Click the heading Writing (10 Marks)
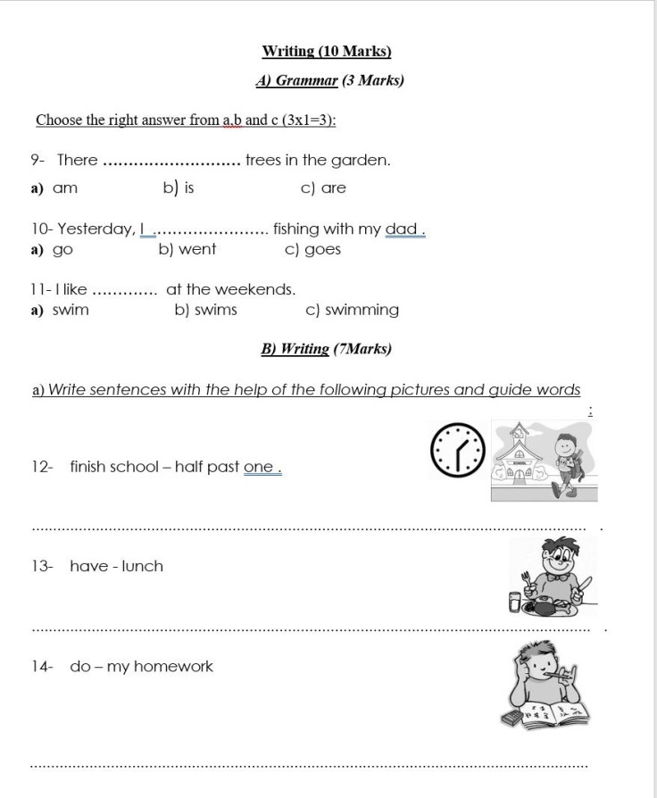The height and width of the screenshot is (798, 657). (x=327, y=52)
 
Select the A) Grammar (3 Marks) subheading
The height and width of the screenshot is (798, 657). (x=329, y=80)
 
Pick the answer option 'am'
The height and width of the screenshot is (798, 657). (x=65, y=188)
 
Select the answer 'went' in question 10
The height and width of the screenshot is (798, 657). (x=196, y=249)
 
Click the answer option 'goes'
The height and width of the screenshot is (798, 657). (x=322, y=249)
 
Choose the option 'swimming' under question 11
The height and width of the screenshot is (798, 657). (x=362, y=311)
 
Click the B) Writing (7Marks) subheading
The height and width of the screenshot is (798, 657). (x=326, y=349)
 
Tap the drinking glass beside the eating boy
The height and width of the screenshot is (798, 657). (x=515, y=603)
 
